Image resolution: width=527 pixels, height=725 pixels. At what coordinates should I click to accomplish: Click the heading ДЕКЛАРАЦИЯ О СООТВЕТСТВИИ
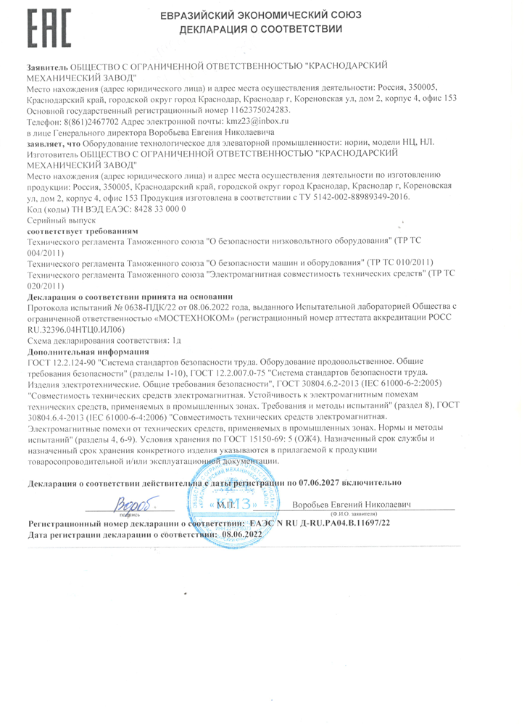pos(262,30)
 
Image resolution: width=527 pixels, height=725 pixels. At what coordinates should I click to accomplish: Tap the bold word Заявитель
pos(47,66)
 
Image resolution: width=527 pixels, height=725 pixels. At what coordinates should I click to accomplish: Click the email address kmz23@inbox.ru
pos(259,122)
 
